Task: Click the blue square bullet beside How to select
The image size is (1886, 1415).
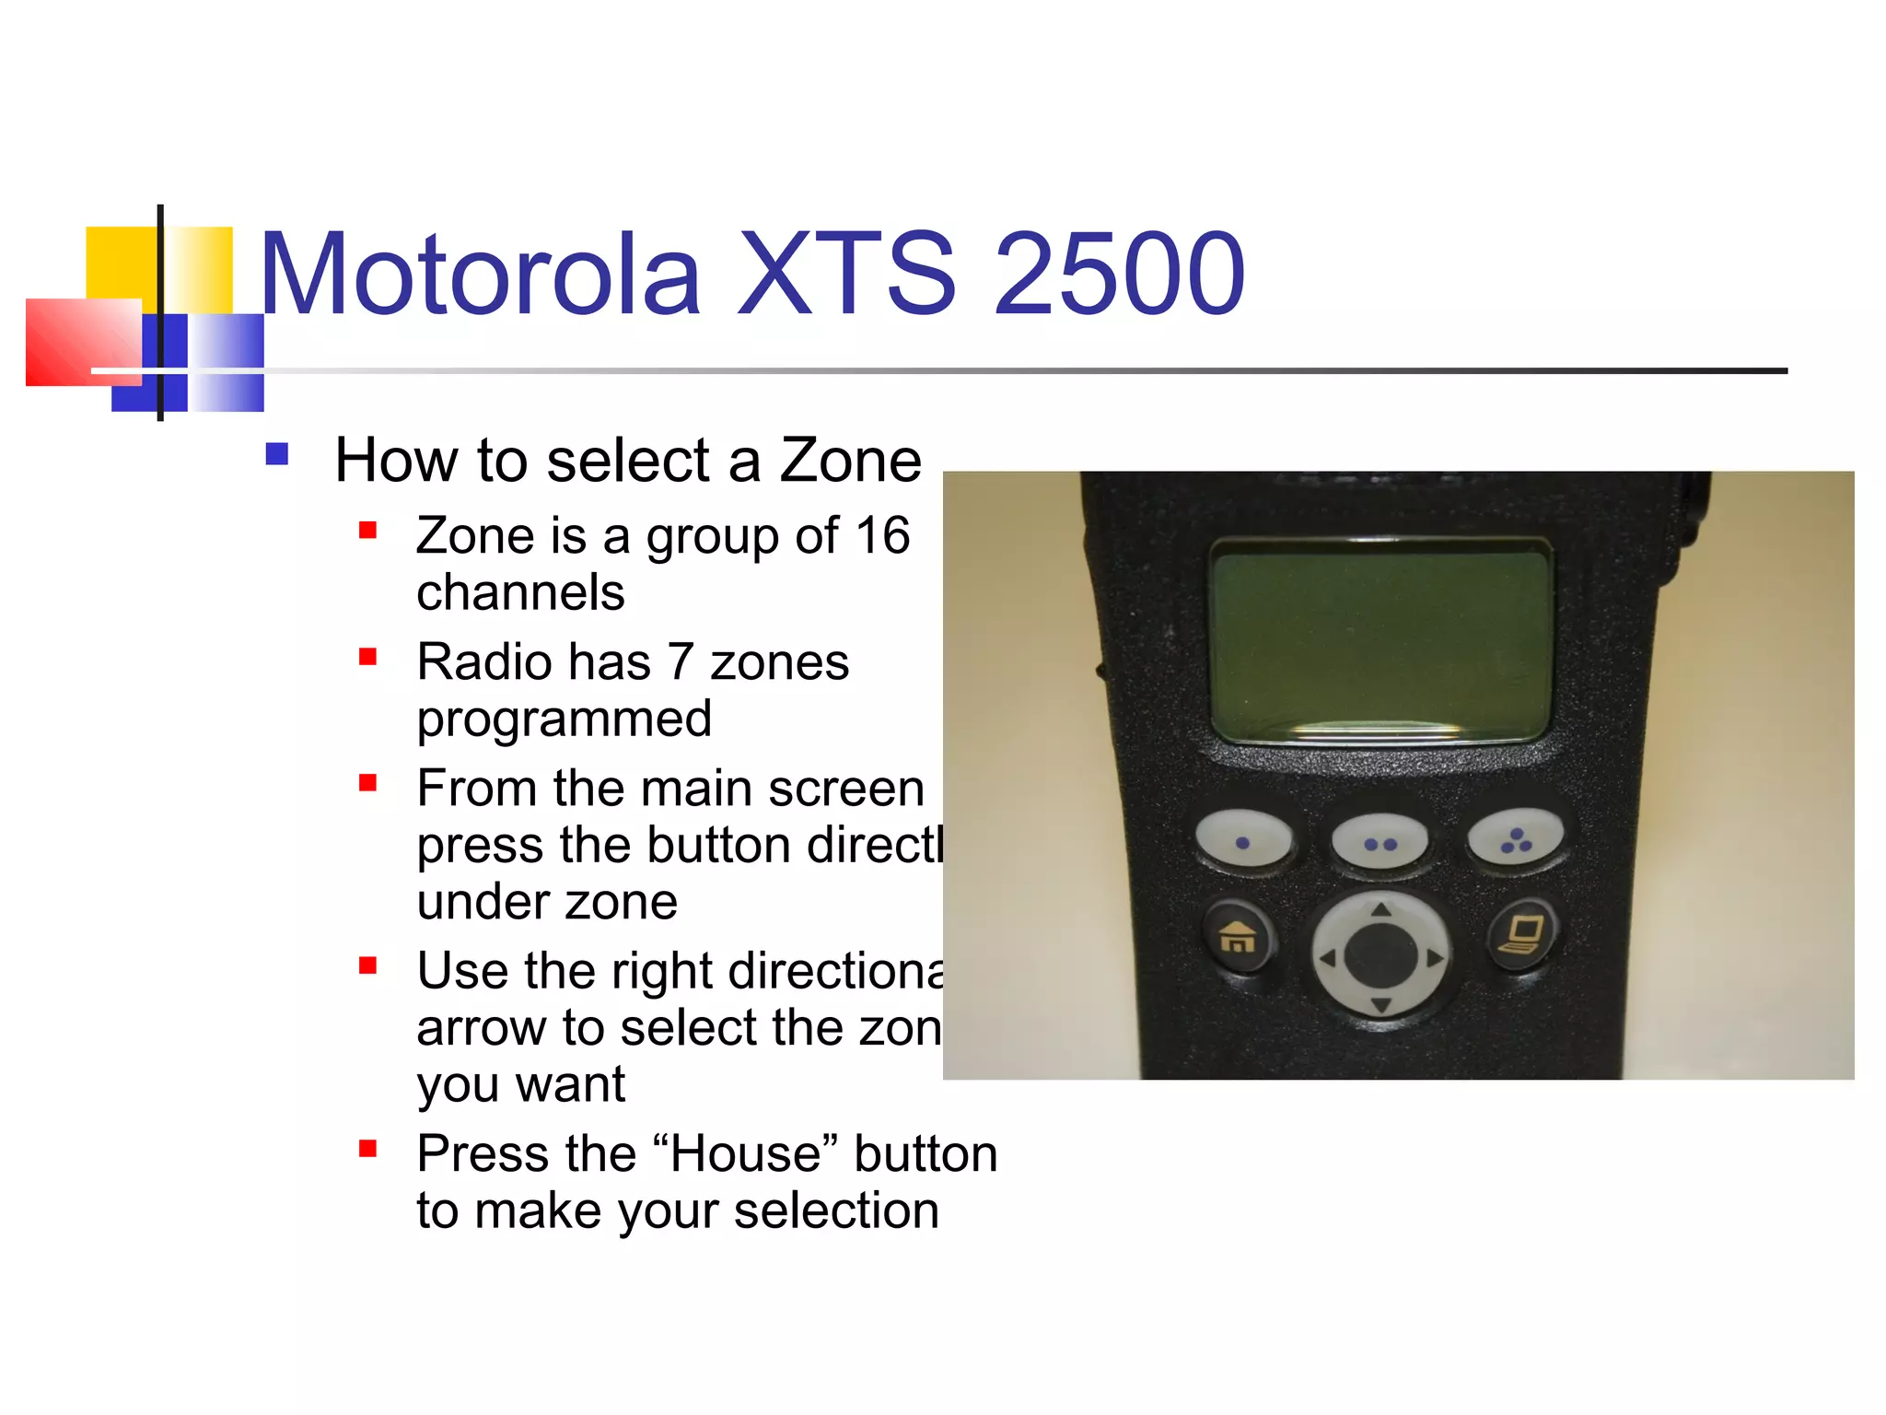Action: click(276, 454)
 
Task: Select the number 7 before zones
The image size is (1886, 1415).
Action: click(680, 661)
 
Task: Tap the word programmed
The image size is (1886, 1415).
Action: click(564, 719)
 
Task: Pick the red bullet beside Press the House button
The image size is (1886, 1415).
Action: click(368, 1148)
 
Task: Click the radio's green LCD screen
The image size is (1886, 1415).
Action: click(1380, 641)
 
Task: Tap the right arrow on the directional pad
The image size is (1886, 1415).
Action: click(1434, 958)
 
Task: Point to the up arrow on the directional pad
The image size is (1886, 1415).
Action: click(1380, 910)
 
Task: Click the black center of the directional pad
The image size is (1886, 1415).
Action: click(1380, 956)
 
